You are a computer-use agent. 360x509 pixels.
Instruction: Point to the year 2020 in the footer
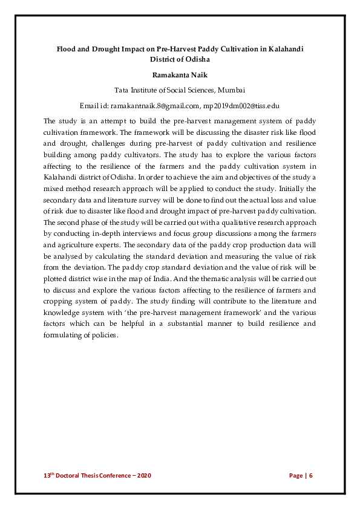tap(143, 476)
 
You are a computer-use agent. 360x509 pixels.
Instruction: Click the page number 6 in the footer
tap(311, 476)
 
